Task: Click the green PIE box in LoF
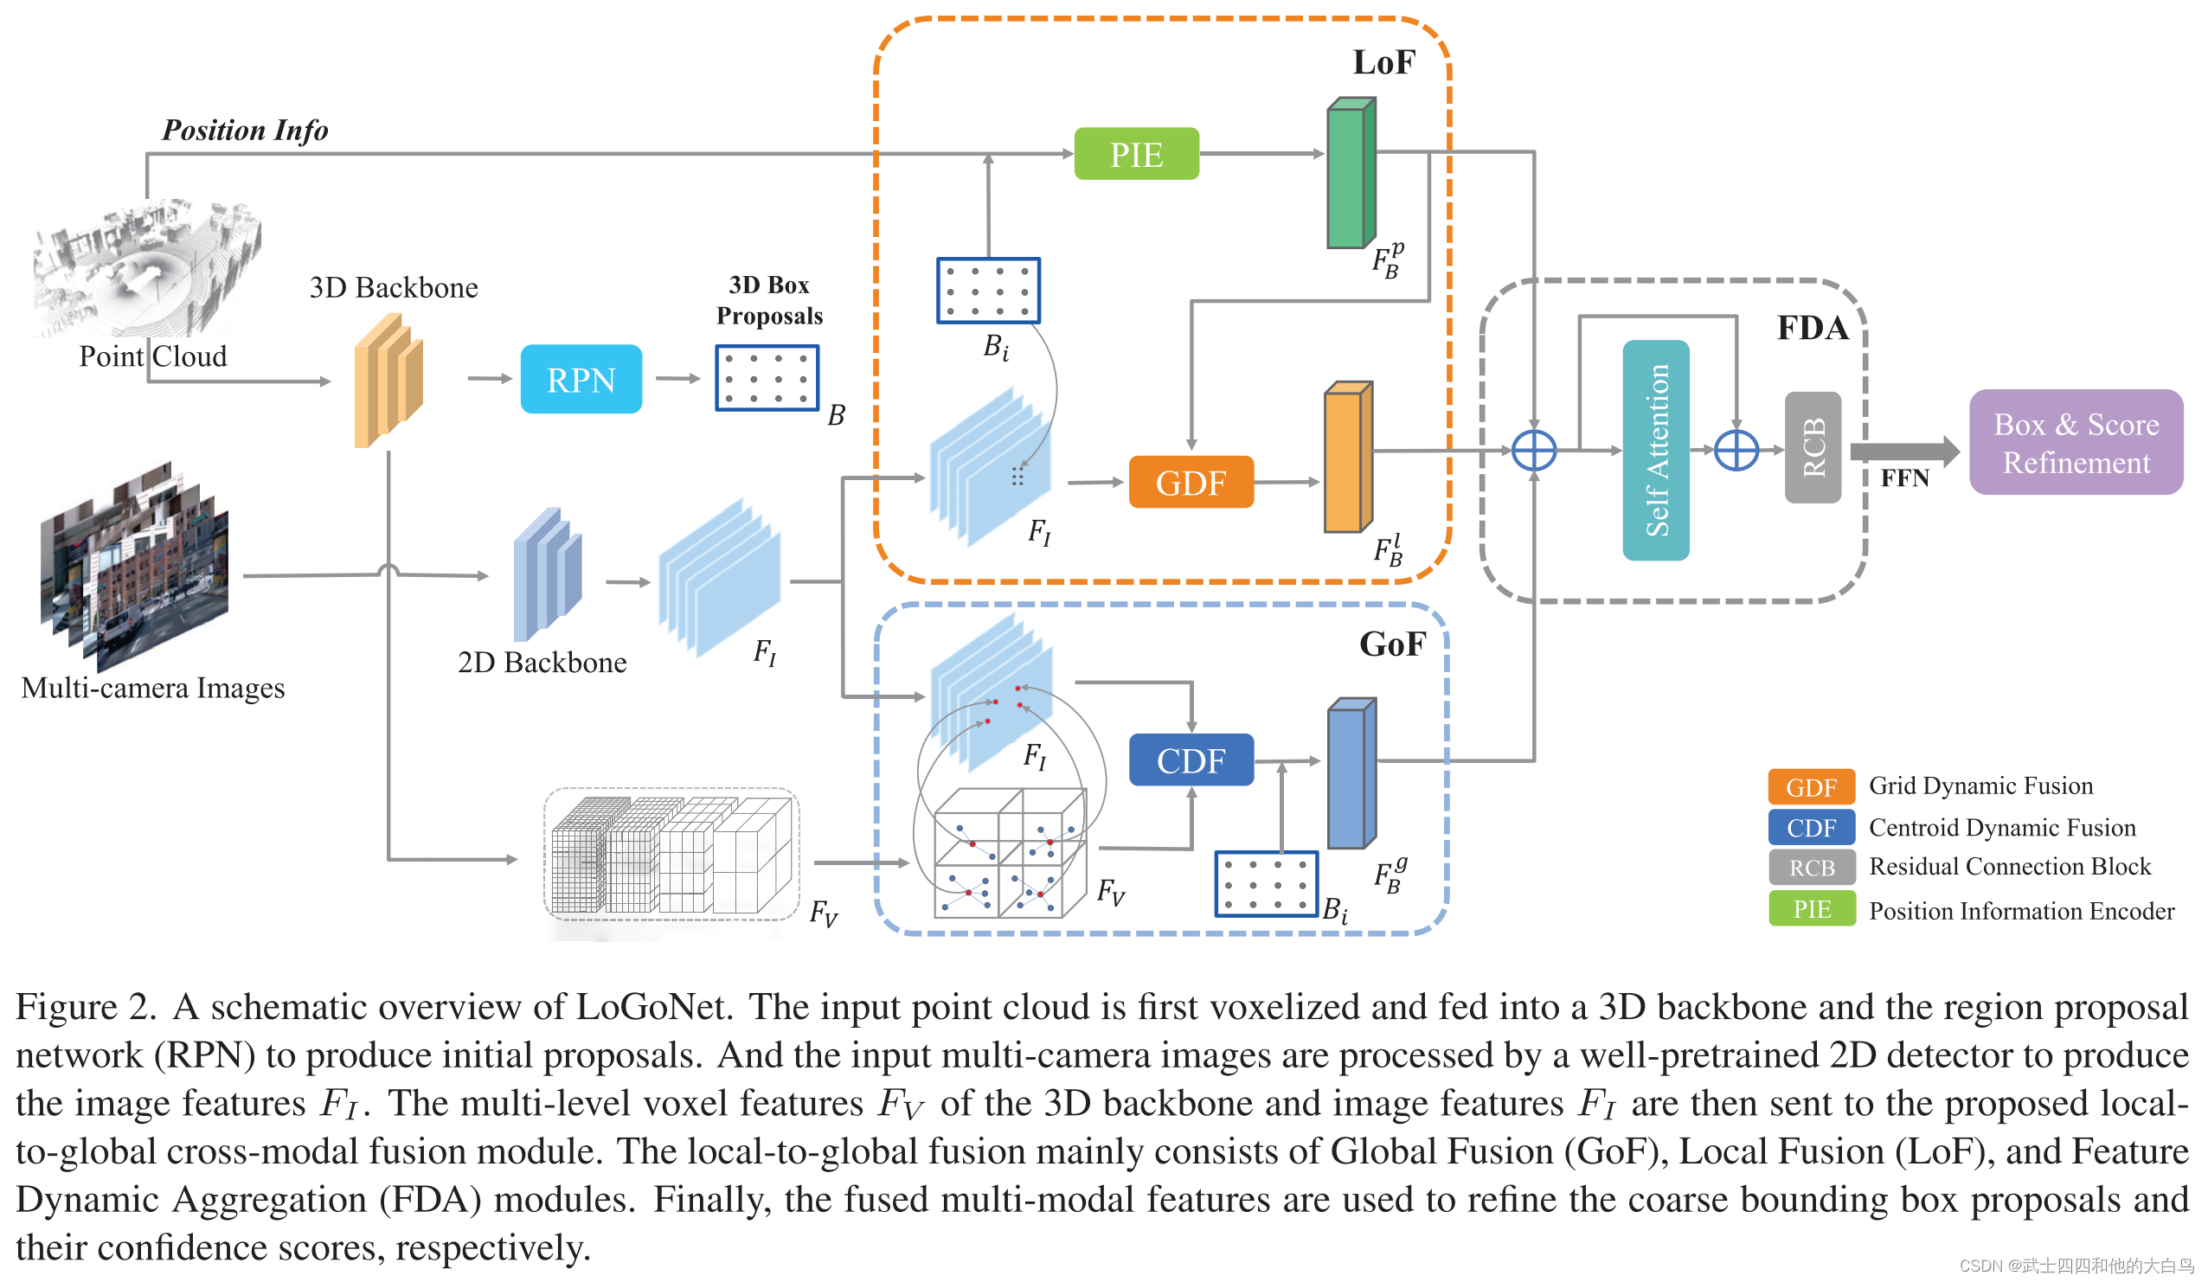1136,154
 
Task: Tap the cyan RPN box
581,380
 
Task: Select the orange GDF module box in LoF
1191,482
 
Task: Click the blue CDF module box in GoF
1191,760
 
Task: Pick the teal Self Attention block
1655,451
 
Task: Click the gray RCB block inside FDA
1812,448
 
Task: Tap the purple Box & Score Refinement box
2075,443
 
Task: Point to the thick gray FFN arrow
1902,452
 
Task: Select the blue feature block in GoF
1351,774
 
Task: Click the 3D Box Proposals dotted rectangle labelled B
767,378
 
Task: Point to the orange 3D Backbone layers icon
388,382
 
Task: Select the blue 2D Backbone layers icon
547,574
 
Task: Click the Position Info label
245,130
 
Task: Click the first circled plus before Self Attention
1533,451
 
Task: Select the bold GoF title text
1391,644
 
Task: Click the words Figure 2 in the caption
85,1007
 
